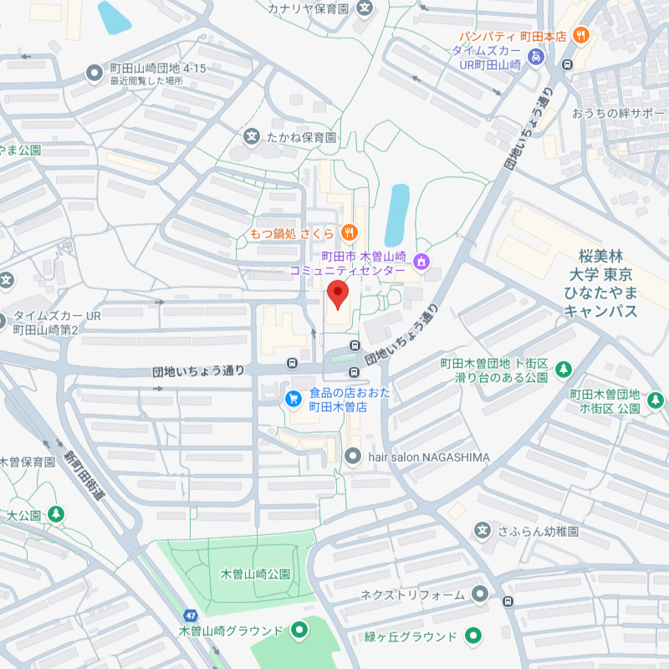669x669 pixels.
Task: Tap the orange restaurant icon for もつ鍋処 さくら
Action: click(350, 232)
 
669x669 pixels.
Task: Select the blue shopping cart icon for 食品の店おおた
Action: click(294, 399)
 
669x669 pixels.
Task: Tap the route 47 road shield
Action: click(192, 615)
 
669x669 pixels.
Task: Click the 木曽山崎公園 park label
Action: click(255, 575)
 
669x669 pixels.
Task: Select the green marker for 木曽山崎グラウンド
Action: click(299, 630)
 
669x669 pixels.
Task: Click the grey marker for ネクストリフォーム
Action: click(479, 595)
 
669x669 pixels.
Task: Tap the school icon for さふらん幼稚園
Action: click(482, 529)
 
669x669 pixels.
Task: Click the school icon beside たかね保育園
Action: click(251, 136)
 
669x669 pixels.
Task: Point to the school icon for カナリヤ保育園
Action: click(365, 9)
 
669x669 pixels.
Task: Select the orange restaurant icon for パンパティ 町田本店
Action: click(582, 36)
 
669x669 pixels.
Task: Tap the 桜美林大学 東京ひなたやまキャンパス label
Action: click(600, 283)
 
